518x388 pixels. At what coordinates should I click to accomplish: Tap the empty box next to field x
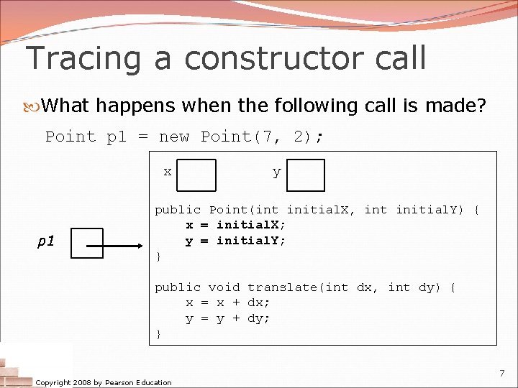196,175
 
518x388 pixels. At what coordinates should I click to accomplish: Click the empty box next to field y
306,175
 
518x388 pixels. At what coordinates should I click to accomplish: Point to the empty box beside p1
88,243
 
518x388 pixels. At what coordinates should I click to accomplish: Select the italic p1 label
46,241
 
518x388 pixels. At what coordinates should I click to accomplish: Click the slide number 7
502,373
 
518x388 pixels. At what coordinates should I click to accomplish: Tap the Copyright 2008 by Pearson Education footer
104,382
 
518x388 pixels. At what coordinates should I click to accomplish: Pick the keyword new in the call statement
173,137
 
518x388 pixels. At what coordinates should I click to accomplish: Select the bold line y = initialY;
236,241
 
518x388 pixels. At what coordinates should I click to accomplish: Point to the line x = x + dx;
228,302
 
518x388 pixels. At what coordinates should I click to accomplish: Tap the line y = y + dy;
228,318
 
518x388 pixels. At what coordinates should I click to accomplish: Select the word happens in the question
136,106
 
